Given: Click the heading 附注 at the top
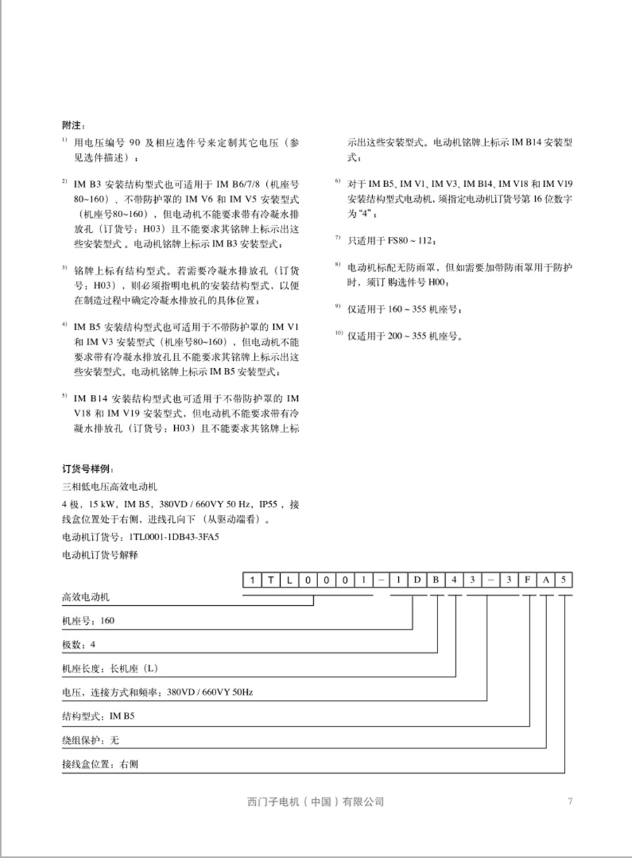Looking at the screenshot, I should pyautogui.click(x=74, y=125).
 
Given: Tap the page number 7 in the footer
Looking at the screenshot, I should pyautogui.click(x=570, y=801).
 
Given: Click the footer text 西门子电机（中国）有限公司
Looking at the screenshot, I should pyautogui.click(x=316, y=802).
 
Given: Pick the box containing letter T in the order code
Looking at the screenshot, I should pyautogui.click(x=271, y=580).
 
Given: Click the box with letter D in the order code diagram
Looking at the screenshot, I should pyautogui.click(x=417, y=580).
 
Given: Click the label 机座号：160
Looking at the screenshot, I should pyautogui.click(x=88, y=621).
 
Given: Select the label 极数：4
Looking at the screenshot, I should pyautogui.click(x=79, y=644).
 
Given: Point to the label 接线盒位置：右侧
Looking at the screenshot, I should pyautogui.click(x=100, y=765).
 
